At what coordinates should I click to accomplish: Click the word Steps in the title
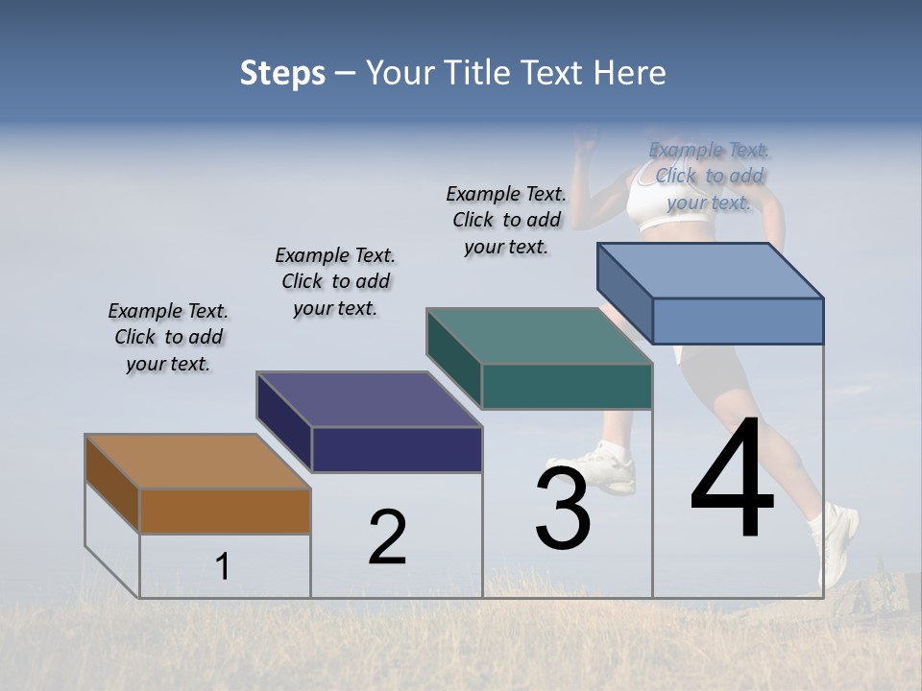click(281, 73)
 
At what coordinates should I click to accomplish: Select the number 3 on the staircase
click(562, 508)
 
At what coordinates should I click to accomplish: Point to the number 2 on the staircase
click(387, 536)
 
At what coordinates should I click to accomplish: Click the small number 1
click(223, 566)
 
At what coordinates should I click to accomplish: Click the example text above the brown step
click(168, 337)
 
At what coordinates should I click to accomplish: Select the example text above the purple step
click(335, 281)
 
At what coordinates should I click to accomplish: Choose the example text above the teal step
click(506, 220)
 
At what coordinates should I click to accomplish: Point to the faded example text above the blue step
click(710, 176)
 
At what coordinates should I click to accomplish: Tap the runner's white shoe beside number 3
click(605, 465)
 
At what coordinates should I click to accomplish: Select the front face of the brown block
click(225, 511)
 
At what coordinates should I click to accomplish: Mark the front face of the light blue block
click(738, 321)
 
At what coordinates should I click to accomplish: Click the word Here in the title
click(629, 73)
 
